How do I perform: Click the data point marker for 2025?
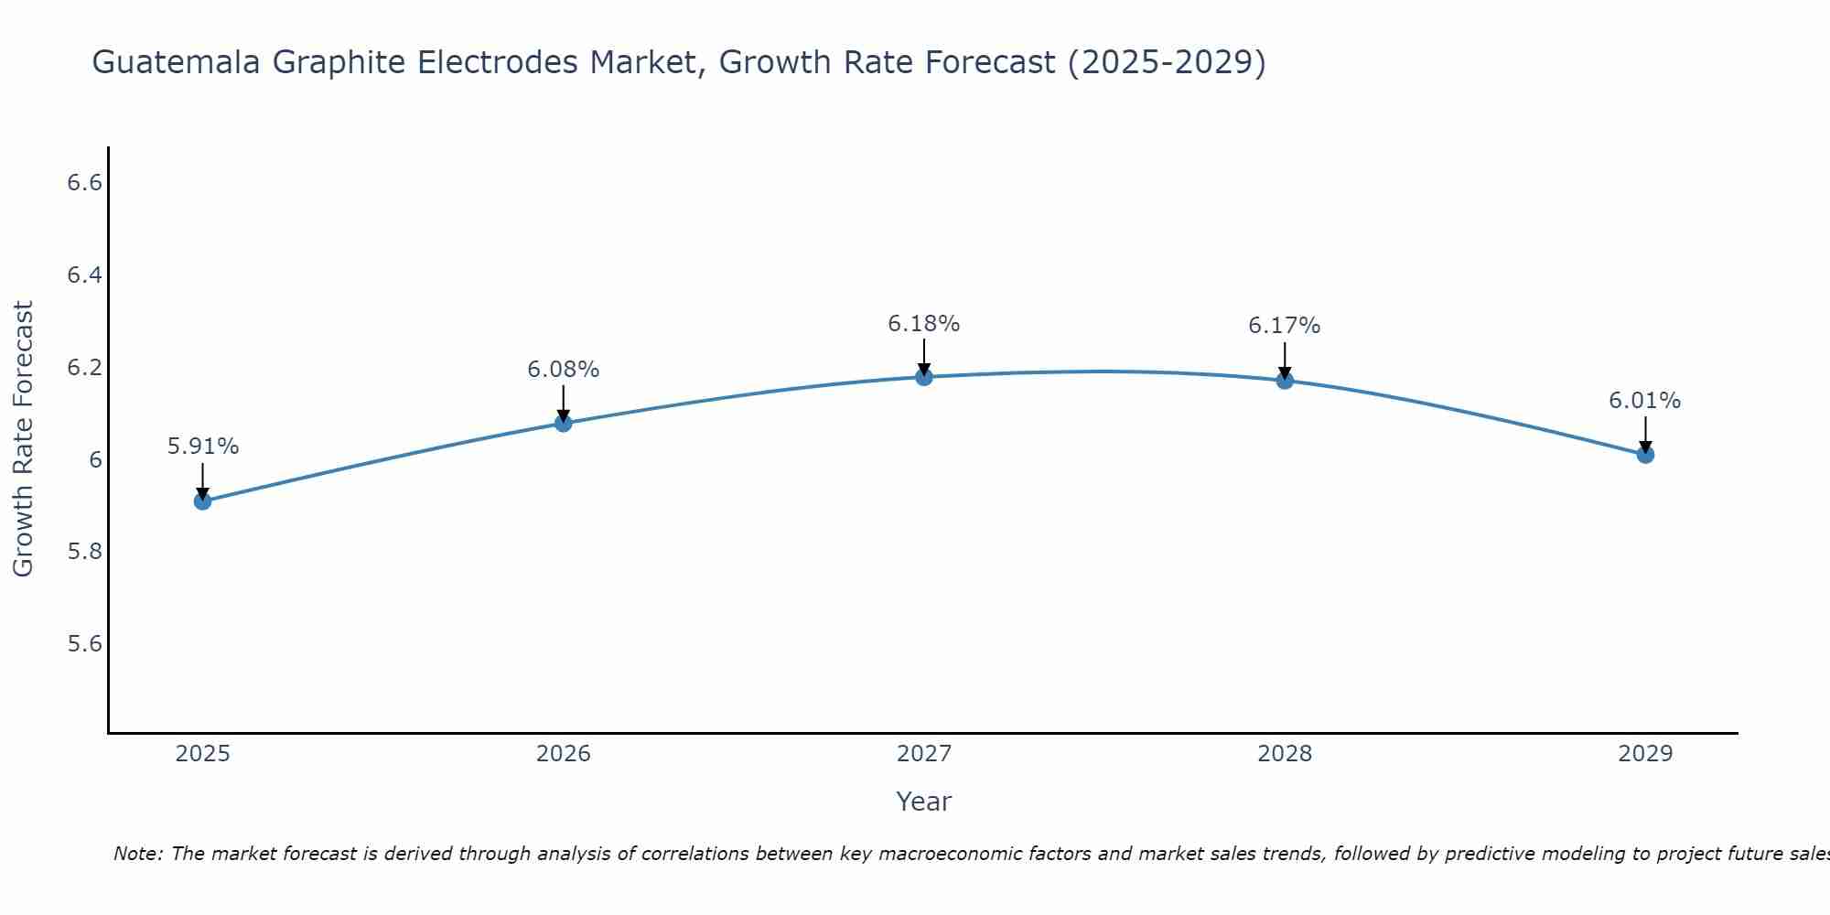[203, 501]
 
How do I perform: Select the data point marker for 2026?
[564, 423]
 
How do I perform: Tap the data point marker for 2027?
[924, 377]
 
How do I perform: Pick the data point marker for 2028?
[1285, 380]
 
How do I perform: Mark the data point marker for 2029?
[1645, 454]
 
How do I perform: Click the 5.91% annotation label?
[203, 447]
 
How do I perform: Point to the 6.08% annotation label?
[564, 370]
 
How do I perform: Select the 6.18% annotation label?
[924, 324]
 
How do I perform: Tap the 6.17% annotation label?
[1285, 326]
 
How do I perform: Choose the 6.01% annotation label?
[1645, 401]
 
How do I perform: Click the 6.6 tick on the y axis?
[84, 183]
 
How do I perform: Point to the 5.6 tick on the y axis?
[84, 644]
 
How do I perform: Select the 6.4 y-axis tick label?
[84, 275]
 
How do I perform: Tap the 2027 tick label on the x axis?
[924, 754]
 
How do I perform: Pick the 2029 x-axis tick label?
[1645, 754]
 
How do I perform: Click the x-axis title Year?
[924, 802]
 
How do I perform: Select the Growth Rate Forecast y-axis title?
[23, 438]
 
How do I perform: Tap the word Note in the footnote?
[137, 854]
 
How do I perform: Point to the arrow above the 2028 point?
[1285, 359]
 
